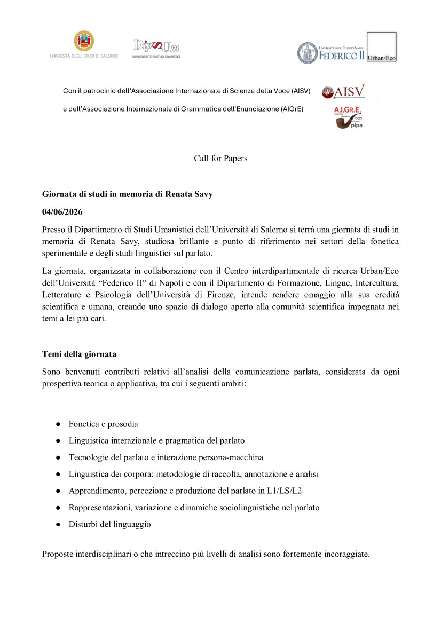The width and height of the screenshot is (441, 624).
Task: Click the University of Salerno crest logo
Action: click(84, 41)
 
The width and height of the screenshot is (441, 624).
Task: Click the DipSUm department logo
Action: click(156, 48)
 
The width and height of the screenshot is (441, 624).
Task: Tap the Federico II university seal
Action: click(308, 52)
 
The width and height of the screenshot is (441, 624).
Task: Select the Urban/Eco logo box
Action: click(381, 46)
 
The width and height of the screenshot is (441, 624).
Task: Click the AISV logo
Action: click(343, 92)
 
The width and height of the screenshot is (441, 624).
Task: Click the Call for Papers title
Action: click(220, 159)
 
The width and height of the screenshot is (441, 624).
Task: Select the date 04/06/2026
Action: click(62, 212)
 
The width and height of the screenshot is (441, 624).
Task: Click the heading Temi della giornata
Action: click(79, 354)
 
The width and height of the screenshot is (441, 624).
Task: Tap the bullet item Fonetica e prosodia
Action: click(103, 424)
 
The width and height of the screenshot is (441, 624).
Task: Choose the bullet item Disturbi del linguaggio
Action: click(109, 525)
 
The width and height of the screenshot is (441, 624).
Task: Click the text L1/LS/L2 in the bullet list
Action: click(288, 491)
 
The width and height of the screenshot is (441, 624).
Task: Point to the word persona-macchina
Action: click(232, 457)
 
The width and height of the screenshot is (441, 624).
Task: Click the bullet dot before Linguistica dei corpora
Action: click(57, 475)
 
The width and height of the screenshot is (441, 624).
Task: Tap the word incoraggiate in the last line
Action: click(346, 554)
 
